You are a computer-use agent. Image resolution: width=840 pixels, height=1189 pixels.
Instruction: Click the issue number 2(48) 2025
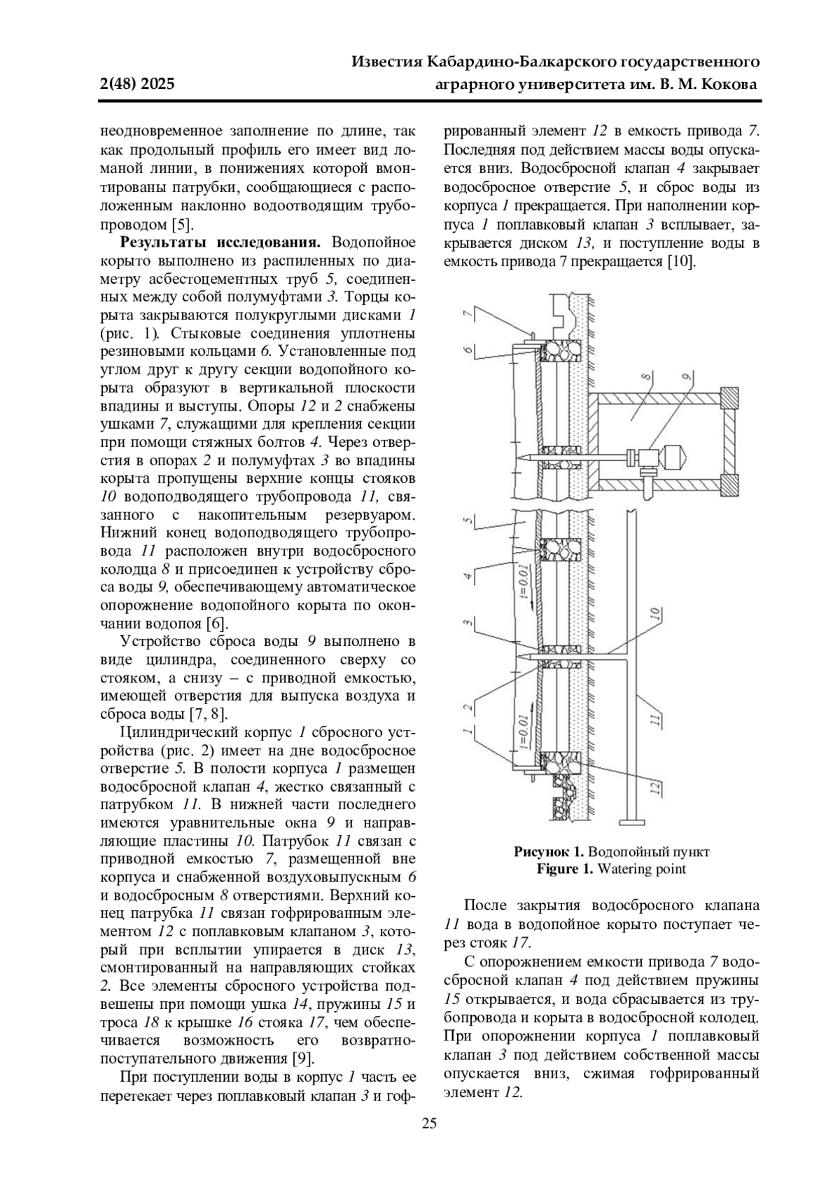point(137,85)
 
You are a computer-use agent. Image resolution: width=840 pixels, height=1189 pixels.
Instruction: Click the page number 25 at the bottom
point(428,1125)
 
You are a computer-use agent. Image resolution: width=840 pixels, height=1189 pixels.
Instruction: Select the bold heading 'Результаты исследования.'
point(220,243)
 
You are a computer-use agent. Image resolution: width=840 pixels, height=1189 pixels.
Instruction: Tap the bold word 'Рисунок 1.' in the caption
point(549,852)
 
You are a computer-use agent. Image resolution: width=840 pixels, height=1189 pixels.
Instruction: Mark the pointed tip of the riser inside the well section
point(521,457)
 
